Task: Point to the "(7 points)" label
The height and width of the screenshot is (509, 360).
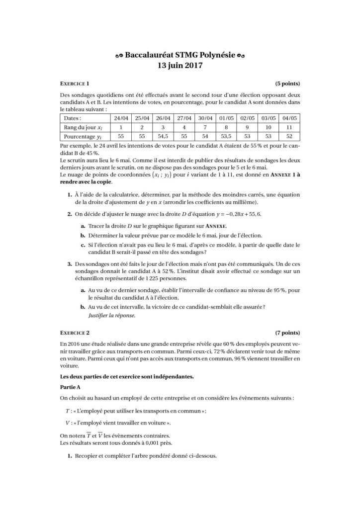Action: click(x=287, y=331)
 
